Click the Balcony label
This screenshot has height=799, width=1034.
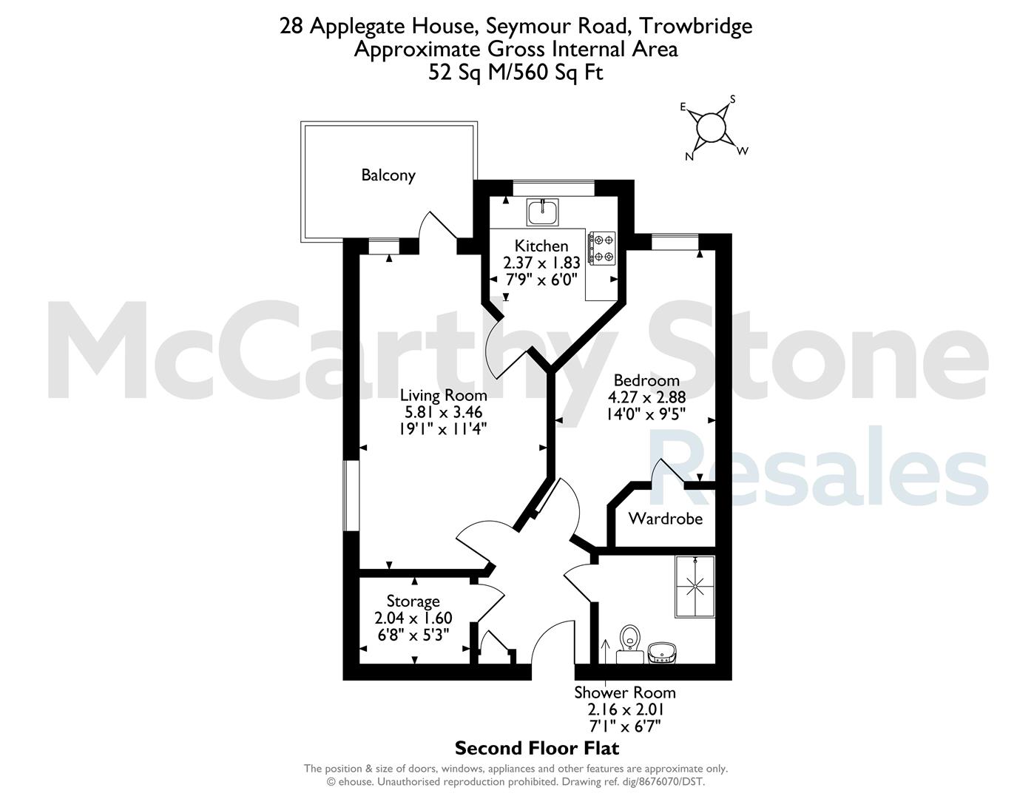(388, 175)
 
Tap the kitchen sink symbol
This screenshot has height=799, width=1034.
(542, 212)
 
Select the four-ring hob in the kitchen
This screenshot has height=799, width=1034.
(602, 248)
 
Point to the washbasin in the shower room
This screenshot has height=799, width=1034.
(662, 653)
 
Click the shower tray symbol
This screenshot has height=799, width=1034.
(695, 587)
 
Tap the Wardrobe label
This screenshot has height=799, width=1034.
(665, 518)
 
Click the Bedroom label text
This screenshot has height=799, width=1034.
(646, 380)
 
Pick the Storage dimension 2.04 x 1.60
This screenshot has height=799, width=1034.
(413, 618)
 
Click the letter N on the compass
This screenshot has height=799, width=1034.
(689, 157)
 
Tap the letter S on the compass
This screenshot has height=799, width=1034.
(733, 99)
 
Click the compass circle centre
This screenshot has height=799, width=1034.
(711, 128)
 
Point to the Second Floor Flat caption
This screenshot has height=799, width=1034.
(537, 748)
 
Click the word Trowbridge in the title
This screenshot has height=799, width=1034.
(695, 26)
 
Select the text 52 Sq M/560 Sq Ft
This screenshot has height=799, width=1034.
(516, 73)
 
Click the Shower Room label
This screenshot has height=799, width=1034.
(625, 692)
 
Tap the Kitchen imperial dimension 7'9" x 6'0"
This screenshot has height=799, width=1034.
(541, 279)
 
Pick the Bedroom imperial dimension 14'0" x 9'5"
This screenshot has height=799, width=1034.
(646, 414)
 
